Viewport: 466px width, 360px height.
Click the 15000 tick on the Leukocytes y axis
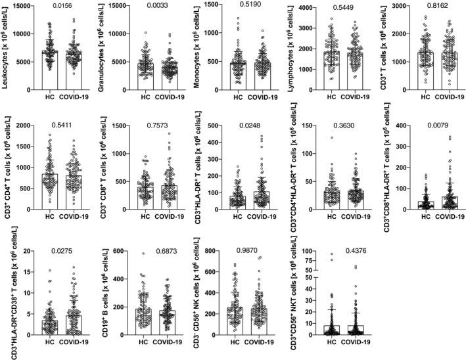[27, 5]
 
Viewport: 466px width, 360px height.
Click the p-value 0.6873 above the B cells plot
[155, 252]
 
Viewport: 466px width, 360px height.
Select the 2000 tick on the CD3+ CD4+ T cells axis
[27, 125]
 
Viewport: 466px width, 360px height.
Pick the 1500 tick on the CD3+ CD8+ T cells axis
[118, 125]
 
